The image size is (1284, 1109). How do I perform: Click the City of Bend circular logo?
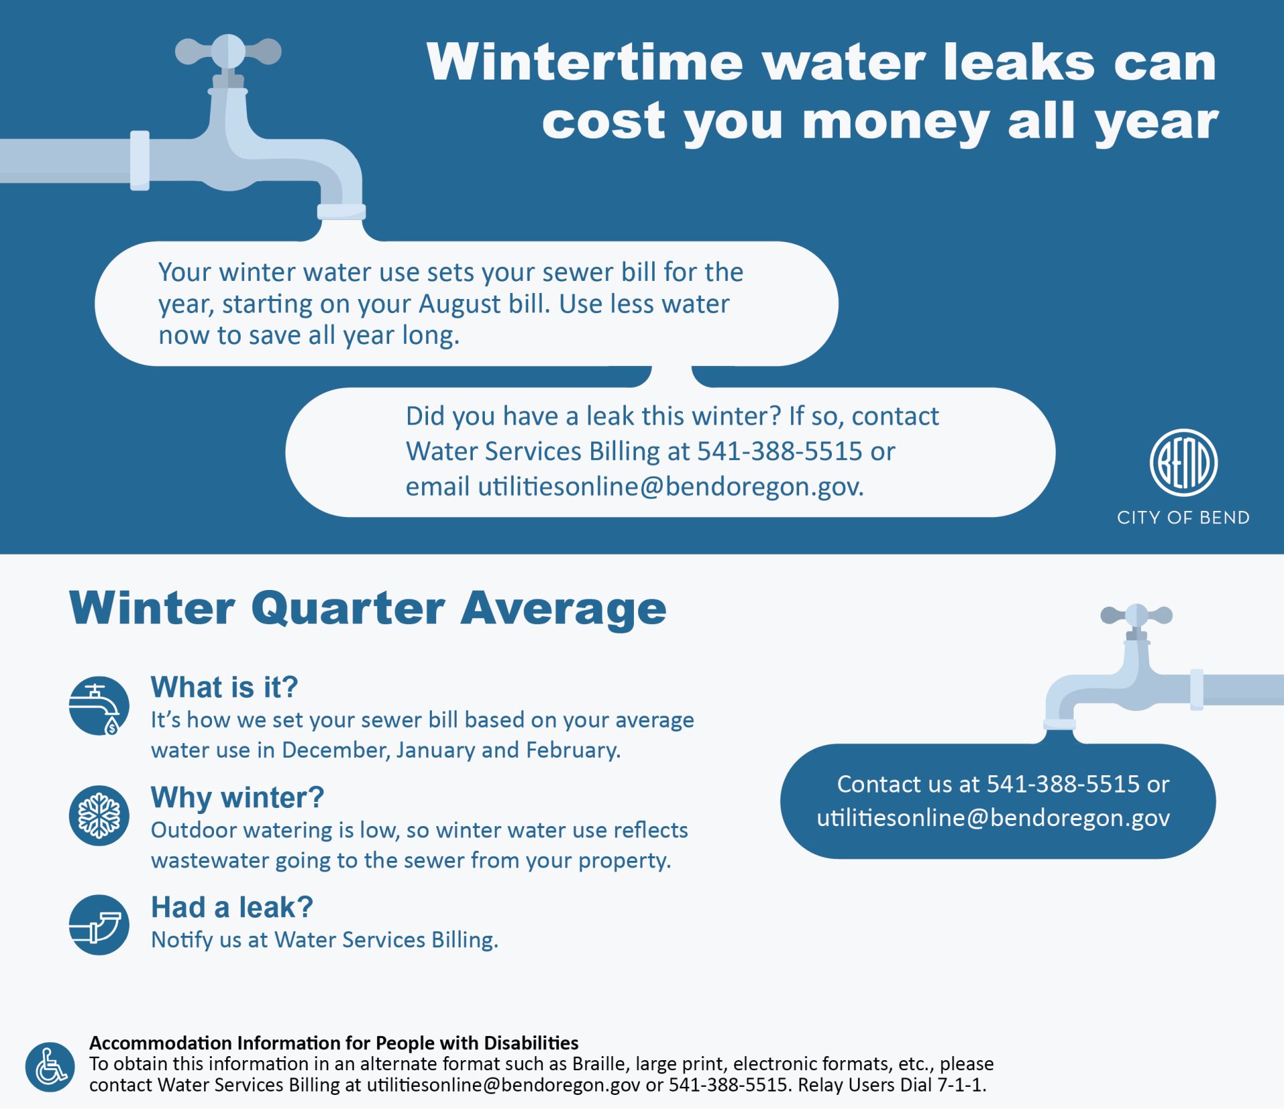coord(1183,463)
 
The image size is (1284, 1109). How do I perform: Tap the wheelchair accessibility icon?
coord(50,1067)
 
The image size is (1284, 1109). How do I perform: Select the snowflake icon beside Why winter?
coord(99,815)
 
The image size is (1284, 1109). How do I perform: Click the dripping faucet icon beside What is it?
coord(99,706)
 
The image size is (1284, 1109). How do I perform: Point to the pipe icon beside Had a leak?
coord(99,924)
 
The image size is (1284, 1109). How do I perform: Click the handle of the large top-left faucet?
coord(228,52)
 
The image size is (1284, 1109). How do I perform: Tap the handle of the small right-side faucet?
coord(1136,615)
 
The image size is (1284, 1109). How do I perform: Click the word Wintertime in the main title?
coord(585,62)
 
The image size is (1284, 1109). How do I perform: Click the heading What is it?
coord(224,687)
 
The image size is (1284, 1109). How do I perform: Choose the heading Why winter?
coord(237,797)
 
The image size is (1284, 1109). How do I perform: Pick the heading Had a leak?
coord(232,907)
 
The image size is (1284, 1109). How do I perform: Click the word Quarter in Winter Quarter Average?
coord(348,609)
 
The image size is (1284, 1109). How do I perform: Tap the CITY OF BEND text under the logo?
coord(1183,518)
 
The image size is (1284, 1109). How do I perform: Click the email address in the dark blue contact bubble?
coord(993,818)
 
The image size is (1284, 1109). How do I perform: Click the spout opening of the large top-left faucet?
coord(341,213)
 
